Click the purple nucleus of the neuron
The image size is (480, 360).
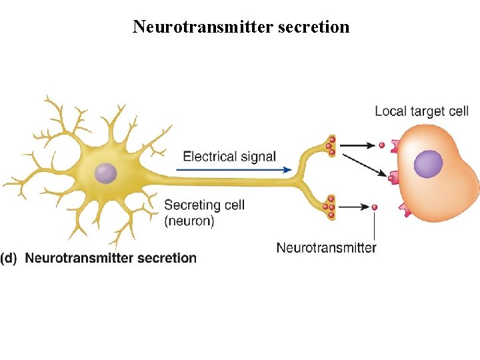[105, 173]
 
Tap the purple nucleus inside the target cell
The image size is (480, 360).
[428, 164]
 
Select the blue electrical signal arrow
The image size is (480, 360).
[233, 170]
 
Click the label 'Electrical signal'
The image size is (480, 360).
[229, 157]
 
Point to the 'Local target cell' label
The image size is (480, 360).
[421, 111]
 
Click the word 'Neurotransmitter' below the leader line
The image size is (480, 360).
[326, 248]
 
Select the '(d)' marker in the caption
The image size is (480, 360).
[9, 258]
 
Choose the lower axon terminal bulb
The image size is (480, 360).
[328, 207]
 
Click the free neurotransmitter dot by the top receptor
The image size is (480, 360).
[382, 145]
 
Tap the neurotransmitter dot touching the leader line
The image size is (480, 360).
[375, 207]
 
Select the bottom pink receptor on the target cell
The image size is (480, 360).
[405, 210]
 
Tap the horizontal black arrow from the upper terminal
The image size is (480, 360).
[361, 144]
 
